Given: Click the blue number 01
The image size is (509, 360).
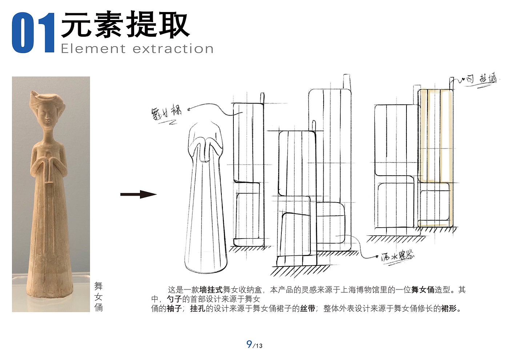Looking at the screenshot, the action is pyautogui.click(x=33, y=33).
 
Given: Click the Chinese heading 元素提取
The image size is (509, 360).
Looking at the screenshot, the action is pyautogui.click(x=125, y=25).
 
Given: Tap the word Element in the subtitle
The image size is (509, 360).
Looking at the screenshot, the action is pyautogui.click(x=93, y=49).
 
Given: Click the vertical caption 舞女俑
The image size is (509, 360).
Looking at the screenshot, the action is pyautogui.click(x=98, y=297).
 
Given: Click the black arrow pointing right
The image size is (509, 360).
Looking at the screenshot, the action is pyautogui.click(x=138, y=194).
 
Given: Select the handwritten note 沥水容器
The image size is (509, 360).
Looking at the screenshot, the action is pyautogui.click(x=397, y=256).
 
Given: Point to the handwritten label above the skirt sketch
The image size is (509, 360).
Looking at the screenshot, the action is pyautogui.click(x=165, y=113).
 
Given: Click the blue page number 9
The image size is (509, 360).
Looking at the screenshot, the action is pyautogui.click(x=249, y=344).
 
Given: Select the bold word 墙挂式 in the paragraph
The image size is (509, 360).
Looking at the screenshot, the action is pyautogui.click(x=211, y=290).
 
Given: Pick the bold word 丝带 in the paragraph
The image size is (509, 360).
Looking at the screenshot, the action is pyautogui.click(x=307, y=309).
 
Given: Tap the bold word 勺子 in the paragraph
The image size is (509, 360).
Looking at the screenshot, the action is pyautogui.click(x=174, y=299).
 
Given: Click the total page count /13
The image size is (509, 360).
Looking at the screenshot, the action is pyautogui.click(x=258, y=345).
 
